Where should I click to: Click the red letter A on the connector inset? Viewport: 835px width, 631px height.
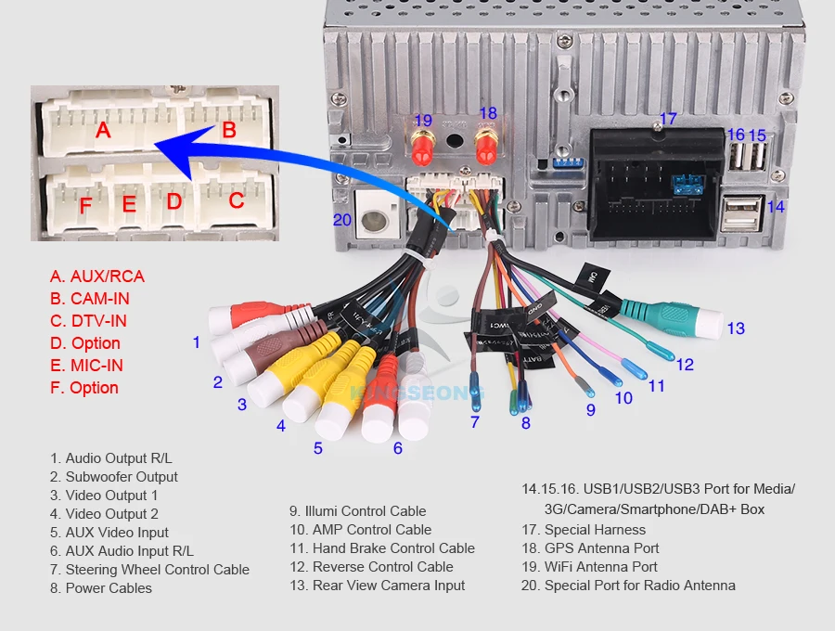tap(103, 130)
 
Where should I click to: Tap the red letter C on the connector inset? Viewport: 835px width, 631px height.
tap(236, 200)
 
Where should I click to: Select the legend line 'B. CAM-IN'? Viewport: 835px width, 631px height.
tap(90, 299)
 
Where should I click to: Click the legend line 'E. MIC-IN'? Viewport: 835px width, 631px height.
tap(86, 366)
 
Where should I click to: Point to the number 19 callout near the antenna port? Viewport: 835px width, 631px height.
tap(423, 120)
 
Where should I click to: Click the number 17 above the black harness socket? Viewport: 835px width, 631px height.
tap(668, 119)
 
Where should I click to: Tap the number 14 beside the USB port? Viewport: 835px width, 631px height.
tap(776, 207)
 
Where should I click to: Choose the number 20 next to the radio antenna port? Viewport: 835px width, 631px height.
tap(343, 220)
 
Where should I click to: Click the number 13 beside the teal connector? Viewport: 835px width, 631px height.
tap(736, 328)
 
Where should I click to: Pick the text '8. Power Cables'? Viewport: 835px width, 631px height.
tap(101, 588)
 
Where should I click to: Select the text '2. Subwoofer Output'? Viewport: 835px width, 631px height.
tap(114, 477)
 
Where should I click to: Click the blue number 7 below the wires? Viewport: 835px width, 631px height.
tap(475, 422)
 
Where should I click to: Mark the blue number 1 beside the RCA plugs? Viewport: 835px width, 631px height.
tap(196, 342)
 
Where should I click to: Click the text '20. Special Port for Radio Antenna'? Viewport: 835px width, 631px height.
tap(628, 586)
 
